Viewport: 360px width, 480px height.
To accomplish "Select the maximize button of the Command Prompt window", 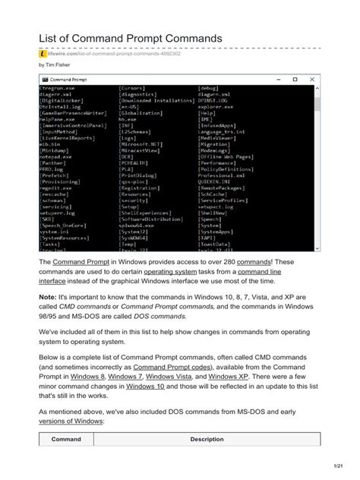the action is [295, 79].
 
